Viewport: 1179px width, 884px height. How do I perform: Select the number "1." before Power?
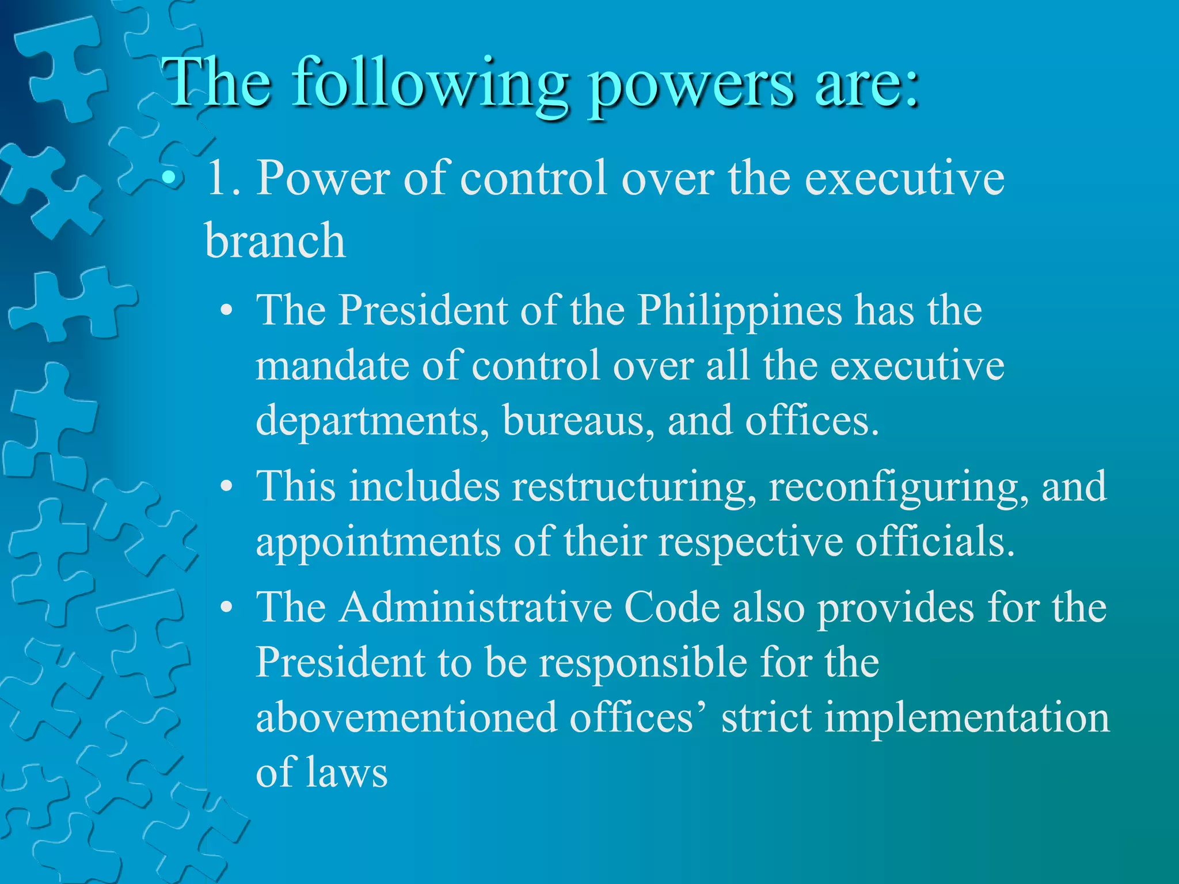(224, 178)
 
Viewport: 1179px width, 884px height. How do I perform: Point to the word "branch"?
(275, 241)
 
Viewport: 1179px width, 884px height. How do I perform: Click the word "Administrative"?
(475, 608)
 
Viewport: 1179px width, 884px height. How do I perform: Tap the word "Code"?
(672, 608)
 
